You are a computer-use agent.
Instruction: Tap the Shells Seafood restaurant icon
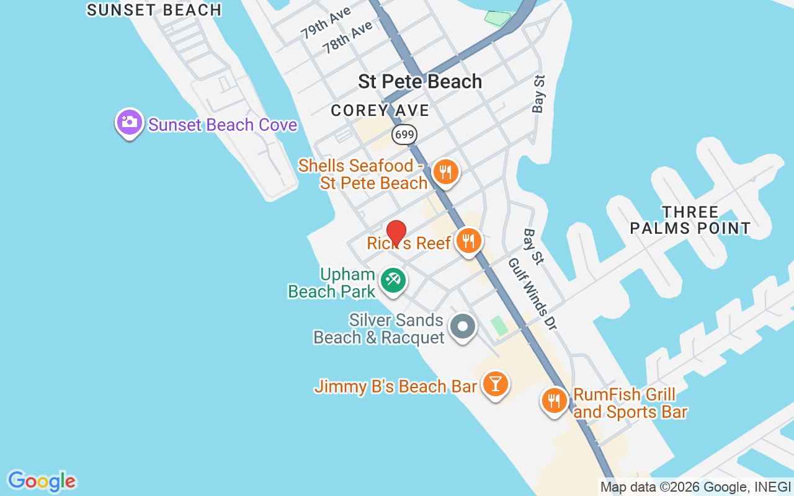pos(445,172)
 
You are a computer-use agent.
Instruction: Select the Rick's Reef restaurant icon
pos(468,240)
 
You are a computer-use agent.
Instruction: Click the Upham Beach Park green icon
pos(392,280)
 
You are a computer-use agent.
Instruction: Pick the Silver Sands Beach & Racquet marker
pos(462,326)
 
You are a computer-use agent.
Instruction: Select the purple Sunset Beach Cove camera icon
pos(129,122)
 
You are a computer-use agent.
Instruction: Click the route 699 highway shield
pos(404,135)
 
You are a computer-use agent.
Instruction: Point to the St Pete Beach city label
pos(420,81)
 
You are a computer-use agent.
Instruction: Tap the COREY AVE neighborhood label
pos(380,110)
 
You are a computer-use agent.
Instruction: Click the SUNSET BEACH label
pos(154,10)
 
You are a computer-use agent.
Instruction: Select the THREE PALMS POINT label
pos(690,220)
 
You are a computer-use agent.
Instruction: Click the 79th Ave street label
pos(326,24)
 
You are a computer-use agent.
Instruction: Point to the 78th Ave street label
pos(347,37)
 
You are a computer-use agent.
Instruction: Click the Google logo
pos(42,481)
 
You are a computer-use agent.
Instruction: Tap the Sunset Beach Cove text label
pos(223,125)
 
